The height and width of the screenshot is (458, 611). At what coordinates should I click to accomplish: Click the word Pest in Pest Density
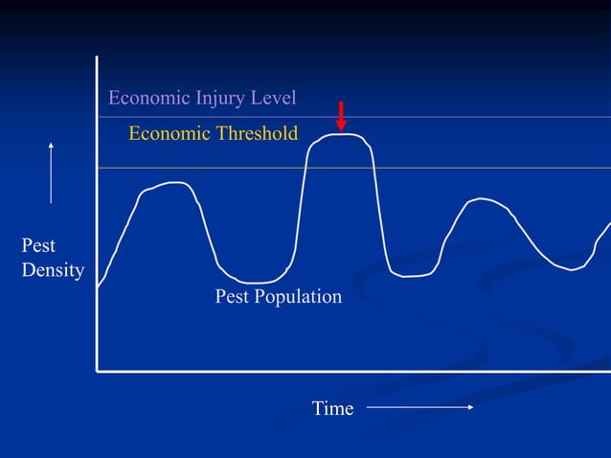pyautogui.click(x=38, y=246)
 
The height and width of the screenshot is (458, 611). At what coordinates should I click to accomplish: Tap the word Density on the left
pyautogui.click(x=53, y=270)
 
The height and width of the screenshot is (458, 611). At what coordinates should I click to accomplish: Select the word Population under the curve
pyautogui.click(x=298, y=297)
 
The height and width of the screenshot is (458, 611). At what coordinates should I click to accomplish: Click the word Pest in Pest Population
pyautogui.click(x=232, y=297)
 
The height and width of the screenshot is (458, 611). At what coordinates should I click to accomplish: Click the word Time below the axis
pyautogui.click(x=332, y=409)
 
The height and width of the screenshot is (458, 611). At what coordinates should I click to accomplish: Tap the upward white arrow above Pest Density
pyautogui.click(x=51, y=172)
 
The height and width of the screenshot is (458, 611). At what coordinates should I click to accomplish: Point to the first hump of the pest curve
pyautogui.click(x=170, y=183)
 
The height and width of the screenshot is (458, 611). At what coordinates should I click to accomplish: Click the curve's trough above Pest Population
pyautogui.click(x=255, y=283)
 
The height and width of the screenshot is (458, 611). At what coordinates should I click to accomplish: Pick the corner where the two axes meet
pyautogui.click(x=97, y=369)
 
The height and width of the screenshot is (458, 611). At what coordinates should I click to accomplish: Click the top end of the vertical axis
pyautogui.click(x=97, y=57)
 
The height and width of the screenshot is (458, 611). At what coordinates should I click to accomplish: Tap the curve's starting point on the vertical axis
pyautogui.click(x=98, y=286)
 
